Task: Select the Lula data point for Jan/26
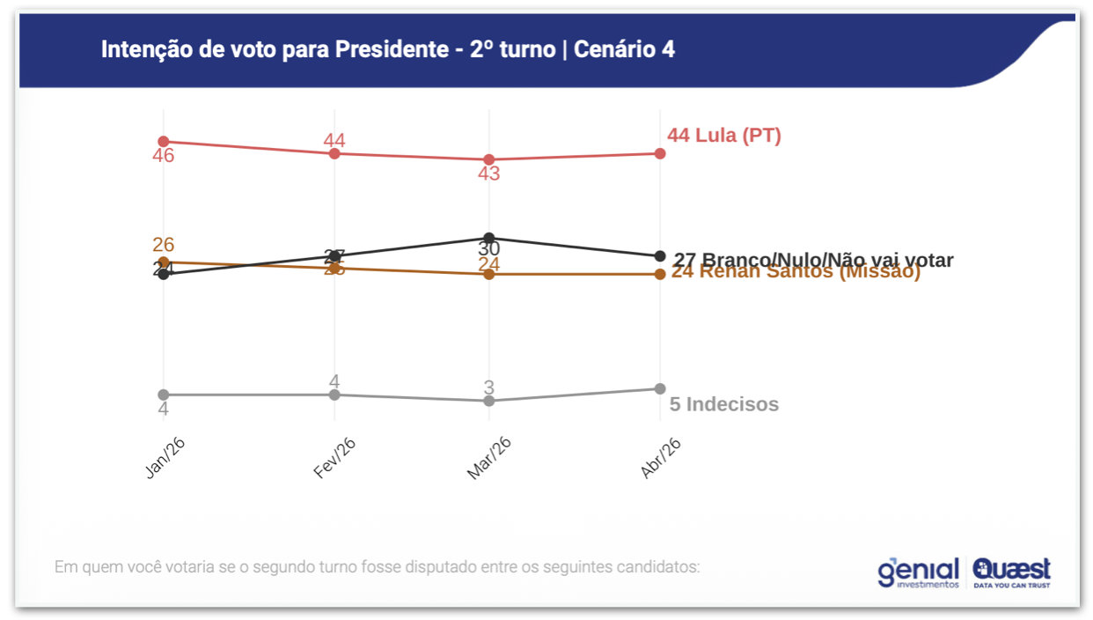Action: (x=163, y=142)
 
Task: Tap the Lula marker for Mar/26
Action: (x=489, y=159)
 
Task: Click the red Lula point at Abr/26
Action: (x=660, y=153)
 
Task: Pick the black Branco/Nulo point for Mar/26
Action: (x=489, y=238)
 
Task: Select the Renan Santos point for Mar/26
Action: (x=489, y=274)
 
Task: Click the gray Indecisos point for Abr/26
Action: (x=660, y=388)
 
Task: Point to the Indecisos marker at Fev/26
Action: (x=334, y=395)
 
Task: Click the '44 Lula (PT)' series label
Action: (x=723, y=136)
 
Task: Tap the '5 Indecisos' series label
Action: (x=723, y=404)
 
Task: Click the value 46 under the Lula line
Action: (x=163, y=157)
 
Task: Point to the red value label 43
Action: (x=489, y=174)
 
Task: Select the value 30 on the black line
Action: (x=489, y=249)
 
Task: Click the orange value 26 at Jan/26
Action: (x=163, y=245)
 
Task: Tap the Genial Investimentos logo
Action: (x=918, y=572)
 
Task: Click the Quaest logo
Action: (x=1011, y=572)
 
